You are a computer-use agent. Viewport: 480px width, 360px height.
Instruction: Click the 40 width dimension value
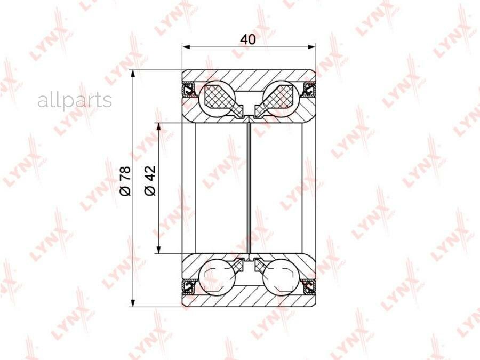click(x=248, y=39)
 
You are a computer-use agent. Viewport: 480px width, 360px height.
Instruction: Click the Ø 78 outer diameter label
click(x=125, y=181)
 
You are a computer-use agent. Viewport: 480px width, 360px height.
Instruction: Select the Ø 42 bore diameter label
click(x=150, y=181)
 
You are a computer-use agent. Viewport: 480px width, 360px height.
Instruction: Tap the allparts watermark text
click(x=75, y=100)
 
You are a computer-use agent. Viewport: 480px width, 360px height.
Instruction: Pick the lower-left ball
click(x=217, y=277)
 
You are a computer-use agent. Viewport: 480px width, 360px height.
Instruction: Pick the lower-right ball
click(x=281, y=277)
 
